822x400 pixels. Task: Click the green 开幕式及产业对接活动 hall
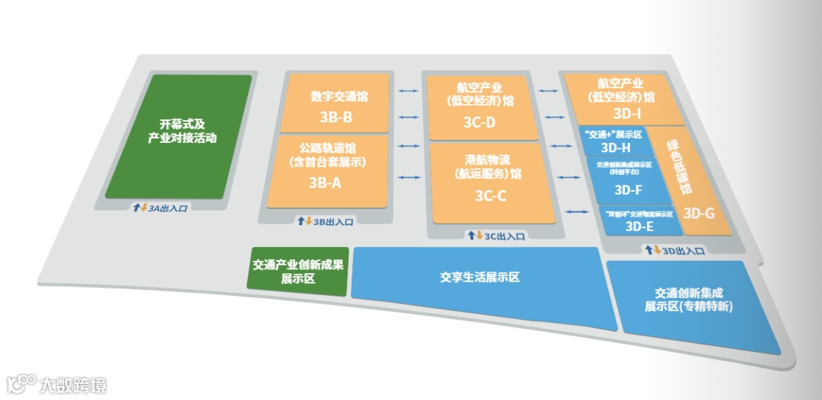coord(178,135)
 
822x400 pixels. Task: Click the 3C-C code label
coord(491,195)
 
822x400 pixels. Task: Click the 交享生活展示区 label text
coord(479,278)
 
